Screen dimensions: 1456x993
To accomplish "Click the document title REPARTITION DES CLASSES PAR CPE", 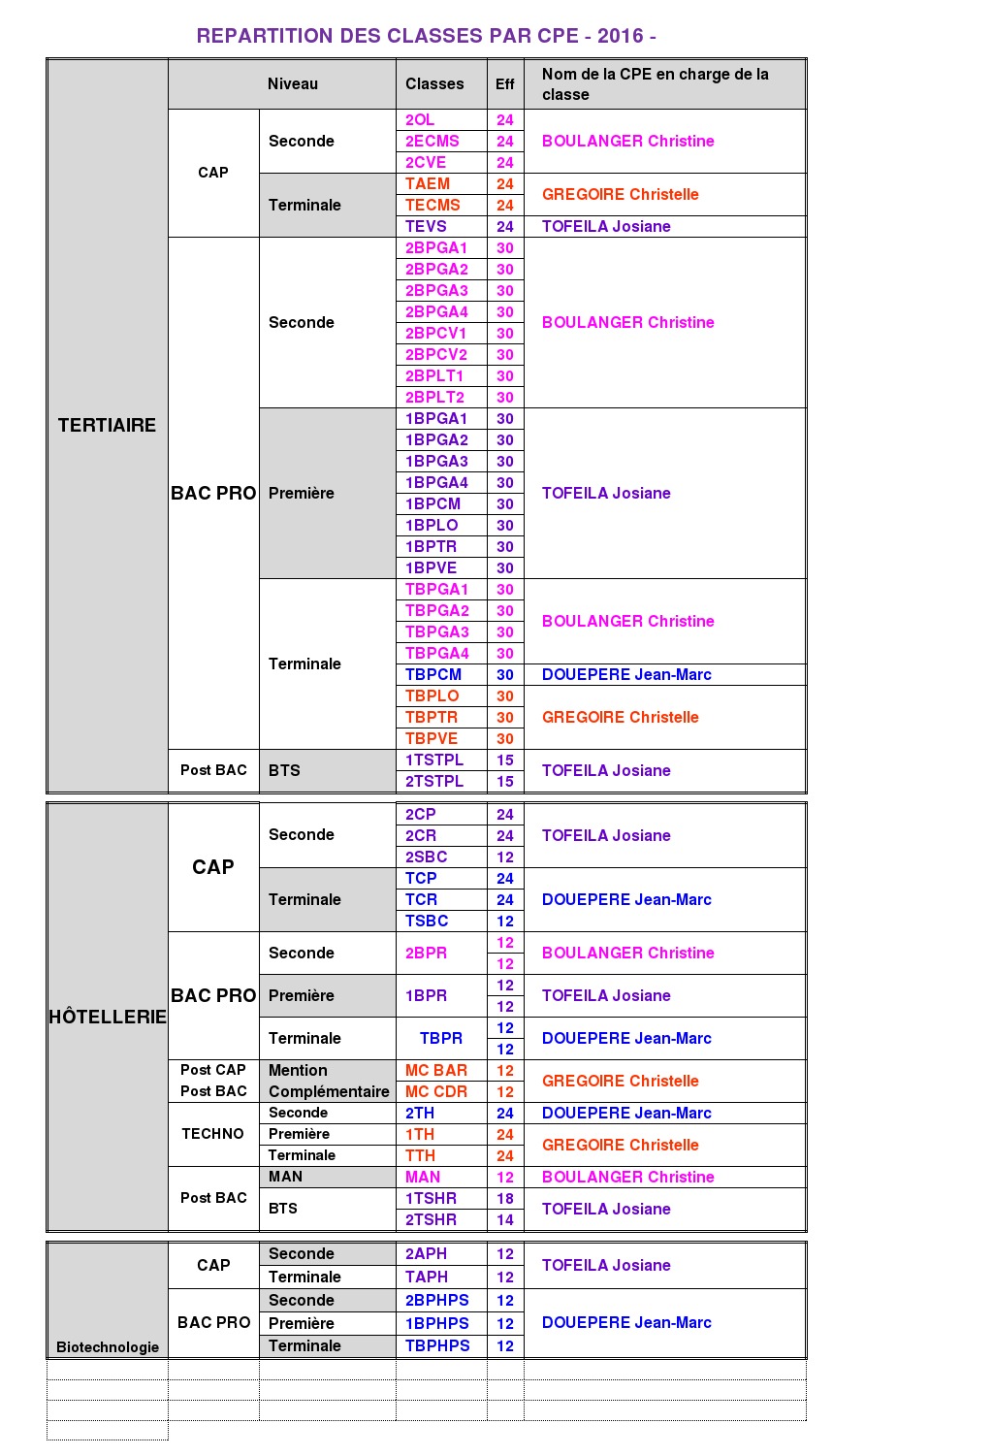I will click(x=426, y=36).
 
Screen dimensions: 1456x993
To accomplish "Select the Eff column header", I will click(x=505, y=84).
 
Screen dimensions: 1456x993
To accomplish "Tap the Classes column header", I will click(x=434, y=84).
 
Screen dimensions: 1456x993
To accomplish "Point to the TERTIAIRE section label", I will click(x=107, y=425).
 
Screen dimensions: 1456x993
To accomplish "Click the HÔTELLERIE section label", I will click(x=108, y=1017).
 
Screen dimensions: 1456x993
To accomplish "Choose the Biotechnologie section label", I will click(x=108, y=1346).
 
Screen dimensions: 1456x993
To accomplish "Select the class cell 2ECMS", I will click(x=432, y=141).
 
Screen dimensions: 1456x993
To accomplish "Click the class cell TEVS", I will click(x=426, y=226).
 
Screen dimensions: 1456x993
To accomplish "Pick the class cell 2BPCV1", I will click(x=436, y=333).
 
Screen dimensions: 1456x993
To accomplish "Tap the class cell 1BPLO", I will click(x=432, y=525).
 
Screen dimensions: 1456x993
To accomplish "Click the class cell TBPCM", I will click(x=433, y=674).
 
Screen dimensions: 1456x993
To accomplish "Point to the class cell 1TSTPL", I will click(x=434, y=760).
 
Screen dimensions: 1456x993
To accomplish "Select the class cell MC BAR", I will click(x=436, y=1070).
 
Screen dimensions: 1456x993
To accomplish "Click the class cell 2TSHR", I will click(x=431, y=1219).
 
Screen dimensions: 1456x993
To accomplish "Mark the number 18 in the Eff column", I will click(x=505, y=1198).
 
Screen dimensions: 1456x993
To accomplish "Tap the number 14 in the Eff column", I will click(x=505, y=1219).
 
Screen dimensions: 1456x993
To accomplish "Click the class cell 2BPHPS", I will click(x=437, y=1300).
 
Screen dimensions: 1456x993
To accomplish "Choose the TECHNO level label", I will click(x=212, y=1133).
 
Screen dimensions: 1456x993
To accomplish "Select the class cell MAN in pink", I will click(x=423, y=1177).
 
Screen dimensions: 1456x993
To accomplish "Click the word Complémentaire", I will click(x=329, y=1091).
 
